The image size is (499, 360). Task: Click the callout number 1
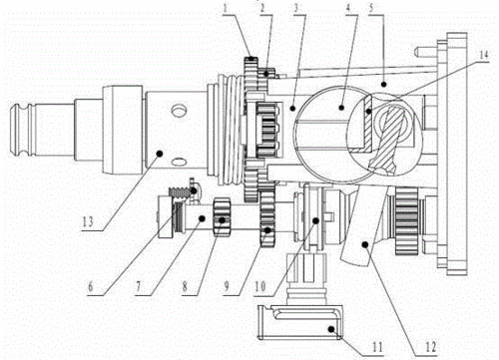[227, 8]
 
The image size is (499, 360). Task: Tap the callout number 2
[262, 8]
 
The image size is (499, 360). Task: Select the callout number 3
[295, 8]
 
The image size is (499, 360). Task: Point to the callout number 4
[348, 8]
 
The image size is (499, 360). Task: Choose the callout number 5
[371, 8]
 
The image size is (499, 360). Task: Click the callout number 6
[91, 286]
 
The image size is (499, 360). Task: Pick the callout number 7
[139, 287]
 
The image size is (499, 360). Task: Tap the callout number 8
[186, 287]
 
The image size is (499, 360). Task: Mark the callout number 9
[227, 286]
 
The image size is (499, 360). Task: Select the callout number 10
[260, 286]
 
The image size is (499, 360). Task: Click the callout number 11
[377, 347]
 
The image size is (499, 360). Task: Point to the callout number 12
[430, 347]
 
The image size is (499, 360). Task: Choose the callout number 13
[88, 221]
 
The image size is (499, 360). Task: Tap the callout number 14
[483, 55]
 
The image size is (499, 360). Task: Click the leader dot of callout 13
[160, 154]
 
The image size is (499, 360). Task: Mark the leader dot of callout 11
[331, 329]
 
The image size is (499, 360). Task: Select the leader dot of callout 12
[365, 244]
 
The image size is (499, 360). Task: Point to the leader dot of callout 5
[383, 84]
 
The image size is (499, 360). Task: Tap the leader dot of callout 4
[341, 108]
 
